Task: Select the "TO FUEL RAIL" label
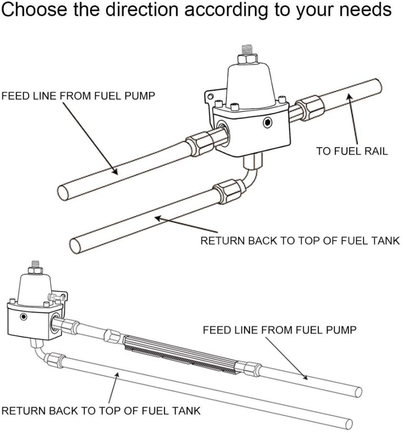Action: point(351,152)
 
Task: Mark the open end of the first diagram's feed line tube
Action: point(64,191)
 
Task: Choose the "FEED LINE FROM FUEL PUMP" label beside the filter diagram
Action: point(280,330)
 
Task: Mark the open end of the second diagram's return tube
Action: point(349,423)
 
